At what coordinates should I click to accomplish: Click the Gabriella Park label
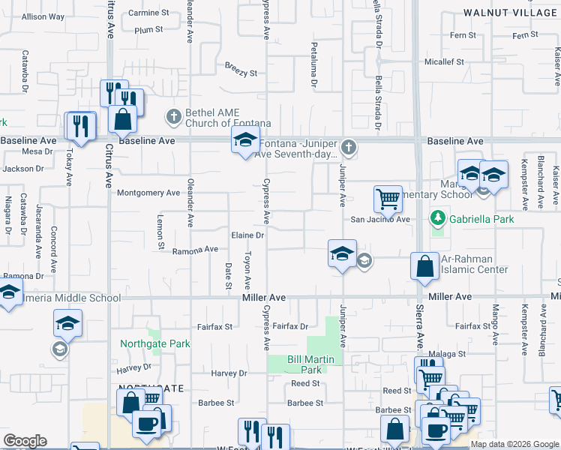(478, 219)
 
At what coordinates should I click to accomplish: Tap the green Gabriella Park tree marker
(436, 218)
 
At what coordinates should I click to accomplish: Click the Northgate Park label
(155, 343)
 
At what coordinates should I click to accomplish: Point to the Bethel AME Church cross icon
(173, 116)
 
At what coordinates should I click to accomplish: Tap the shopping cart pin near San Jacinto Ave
(388, 199)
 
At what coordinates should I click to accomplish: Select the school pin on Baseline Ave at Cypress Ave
(245, 140)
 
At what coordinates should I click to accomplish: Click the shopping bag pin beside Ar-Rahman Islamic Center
(424, 268)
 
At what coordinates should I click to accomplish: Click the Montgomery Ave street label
(148, 193)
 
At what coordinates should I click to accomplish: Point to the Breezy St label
(241, 73)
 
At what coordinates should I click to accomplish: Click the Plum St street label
(148, 30)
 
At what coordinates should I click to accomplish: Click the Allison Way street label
(43, 16)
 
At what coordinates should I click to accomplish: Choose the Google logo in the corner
(25, 441)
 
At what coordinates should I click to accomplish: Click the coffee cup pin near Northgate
(146, 424)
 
